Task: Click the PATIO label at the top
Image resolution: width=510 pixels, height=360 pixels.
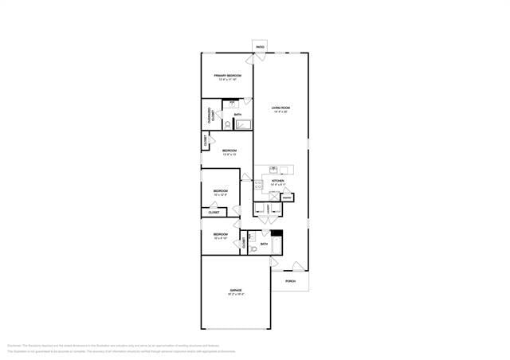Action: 260,47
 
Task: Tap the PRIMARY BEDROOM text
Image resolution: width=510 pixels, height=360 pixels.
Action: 227,76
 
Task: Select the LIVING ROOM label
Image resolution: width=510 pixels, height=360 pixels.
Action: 280,108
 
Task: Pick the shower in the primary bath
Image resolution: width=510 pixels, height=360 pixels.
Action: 243,123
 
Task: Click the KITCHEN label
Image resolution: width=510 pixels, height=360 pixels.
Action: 277,182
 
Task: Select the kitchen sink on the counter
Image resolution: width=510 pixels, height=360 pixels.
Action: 273,169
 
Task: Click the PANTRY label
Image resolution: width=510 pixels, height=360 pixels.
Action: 287,196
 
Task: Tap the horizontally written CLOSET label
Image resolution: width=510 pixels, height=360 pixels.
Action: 214,213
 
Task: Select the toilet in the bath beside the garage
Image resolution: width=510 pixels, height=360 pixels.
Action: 253,249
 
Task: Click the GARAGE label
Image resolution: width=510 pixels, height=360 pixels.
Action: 236,290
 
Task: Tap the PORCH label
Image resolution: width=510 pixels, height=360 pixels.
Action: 290,281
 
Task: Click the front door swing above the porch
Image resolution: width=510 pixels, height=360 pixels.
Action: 296,266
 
